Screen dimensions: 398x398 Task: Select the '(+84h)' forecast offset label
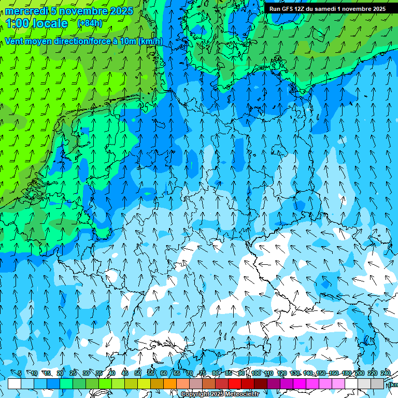(x=90, y=23)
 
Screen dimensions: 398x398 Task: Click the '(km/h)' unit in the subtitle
(x=150, y=41)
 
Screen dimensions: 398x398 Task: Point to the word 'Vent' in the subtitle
(x=14, y=41)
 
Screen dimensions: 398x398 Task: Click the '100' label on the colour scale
(x=256, y=374)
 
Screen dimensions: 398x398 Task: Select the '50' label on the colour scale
(x=138, y=374)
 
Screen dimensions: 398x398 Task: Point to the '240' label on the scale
(x=386, y=374)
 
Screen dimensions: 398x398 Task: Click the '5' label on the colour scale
(x=20, y=374)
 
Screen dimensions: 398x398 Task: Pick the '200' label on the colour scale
(x=359, y=374)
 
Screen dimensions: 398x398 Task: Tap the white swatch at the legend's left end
(x=15, y=384)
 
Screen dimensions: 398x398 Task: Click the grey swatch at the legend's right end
(x=377, y=384)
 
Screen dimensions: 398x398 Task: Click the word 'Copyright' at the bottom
(x=195, y=394)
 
